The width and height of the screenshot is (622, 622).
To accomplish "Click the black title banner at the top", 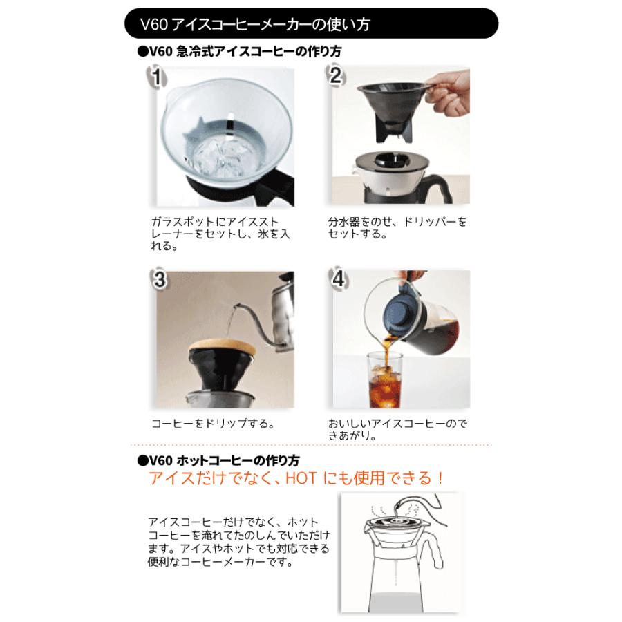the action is (311, 23).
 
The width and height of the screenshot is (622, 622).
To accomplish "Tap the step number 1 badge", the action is (157, 77).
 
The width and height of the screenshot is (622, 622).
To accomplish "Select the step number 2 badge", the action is (336, 75).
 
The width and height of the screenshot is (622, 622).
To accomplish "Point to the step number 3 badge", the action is (160, 279).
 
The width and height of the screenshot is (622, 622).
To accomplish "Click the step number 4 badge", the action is (339, 279).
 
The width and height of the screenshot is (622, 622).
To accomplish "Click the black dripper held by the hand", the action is (392, 109).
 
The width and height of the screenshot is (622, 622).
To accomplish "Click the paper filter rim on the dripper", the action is (222, 348).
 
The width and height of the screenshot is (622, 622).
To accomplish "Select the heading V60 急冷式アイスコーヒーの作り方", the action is (240, 52).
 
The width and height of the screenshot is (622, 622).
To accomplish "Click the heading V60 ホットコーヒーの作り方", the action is (218, 460).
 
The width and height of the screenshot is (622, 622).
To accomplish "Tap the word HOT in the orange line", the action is (301, 478).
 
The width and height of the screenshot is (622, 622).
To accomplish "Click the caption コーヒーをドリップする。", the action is (213, 423).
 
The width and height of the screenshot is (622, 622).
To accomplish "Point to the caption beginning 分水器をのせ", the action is (397, 227).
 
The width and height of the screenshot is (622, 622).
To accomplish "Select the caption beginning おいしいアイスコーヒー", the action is (397, 430).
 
